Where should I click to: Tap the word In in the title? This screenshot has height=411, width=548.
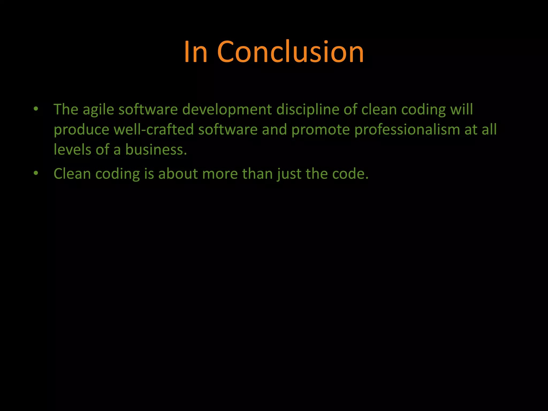196,52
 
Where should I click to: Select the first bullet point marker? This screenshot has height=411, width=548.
36,109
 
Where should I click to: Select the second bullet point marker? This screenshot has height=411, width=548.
36,173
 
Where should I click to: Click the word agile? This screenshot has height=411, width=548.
98,110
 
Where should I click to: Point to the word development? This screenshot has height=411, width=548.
227,110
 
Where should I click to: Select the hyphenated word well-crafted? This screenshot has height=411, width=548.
154,130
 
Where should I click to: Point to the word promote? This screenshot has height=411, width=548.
320,130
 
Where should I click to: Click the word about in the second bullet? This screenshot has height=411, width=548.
178,174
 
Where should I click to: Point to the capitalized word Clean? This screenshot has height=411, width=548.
72,174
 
